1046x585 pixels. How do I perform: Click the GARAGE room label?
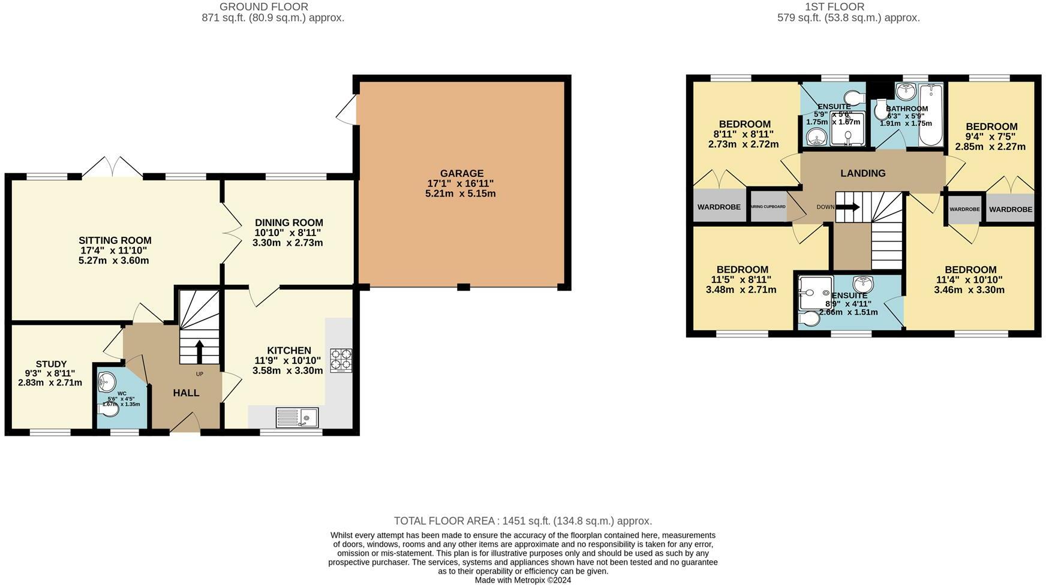pyautogui.click(x=461, y=173)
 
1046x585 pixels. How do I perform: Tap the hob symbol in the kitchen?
pyautogui.click(x=341, y=360)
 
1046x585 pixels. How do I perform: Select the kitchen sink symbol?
pyautogui.click(x=297, y=416)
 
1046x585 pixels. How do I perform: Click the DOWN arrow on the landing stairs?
pyautogui.click(x=847, y=207)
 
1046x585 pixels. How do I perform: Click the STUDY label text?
pyautogui.click(x=51, y=364)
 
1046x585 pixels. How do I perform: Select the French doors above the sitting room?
pyautogui.click(x=112, y=167)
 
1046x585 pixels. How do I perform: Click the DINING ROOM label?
pyautogui.click(x=288, y=222)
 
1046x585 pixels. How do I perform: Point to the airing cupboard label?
pyautogui.click(x=768, y=207)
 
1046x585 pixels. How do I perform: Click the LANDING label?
pyautogui.click(x=862, y=173)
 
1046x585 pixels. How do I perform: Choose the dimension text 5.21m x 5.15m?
pyautogui.click(x=461, y=194)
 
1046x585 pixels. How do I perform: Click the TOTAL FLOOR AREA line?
pyautogui.click(x=522, y=521)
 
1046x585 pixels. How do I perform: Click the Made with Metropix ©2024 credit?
pyautogui.click(x=522, y=580)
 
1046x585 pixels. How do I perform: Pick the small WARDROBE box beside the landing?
pyautogui.click(x=964, y=209)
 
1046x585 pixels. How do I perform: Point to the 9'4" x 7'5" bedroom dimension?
pyautogui.click(x=991, y=137)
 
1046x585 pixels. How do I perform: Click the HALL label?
pyautogui.click(x=186, y=393)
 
